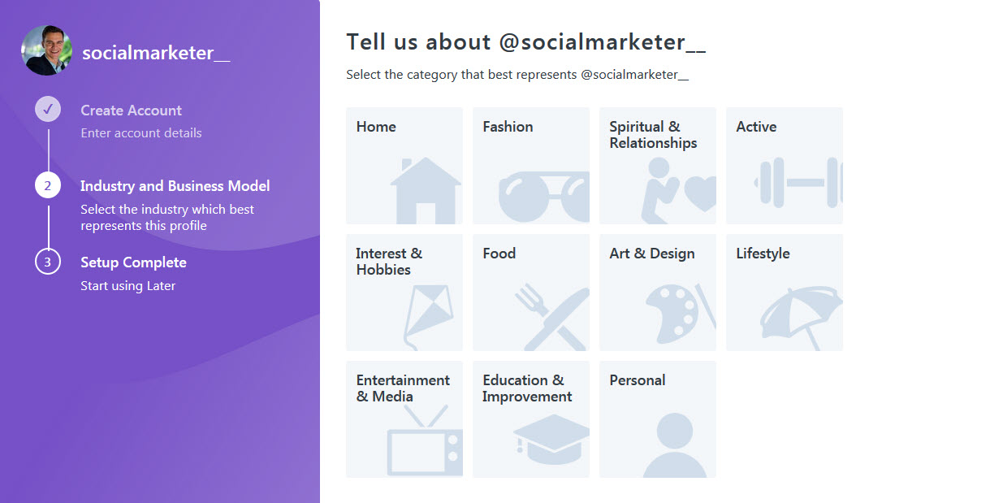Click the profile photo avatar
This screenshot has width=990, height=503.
[x=47, y=50]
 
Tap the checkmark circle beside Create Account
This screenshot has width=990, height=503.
[x=48, y=109]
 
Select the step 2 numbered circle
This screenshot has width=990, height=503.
[x=48, y=185]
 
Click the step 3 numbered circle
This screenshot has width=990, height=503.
[x=48, y=262]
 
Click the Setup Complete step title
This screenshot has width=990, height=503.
[x=133, y=262]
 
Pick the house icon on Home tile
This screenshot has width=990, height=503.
[x=426, y=191]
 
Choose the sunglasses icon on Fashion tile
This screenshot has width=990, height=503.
[x=544, y=197]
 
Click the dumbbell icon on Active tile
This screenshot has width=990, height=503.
[x=798, y=182]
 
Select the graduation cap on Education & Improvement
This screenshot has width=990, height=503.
[x=551, y=439]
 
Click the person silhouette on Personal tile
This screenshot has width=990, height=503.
[x=674, y=445]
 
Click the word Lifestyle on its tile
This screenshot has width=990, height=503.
[x=763, y=254]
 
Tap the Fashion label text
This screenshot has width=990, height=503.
[x=508, y=127]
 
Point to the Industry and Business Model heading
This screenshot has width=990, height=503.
[x=175, y=186]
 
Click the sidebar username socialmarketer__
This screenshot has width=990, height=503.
[x=156, y=53]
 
